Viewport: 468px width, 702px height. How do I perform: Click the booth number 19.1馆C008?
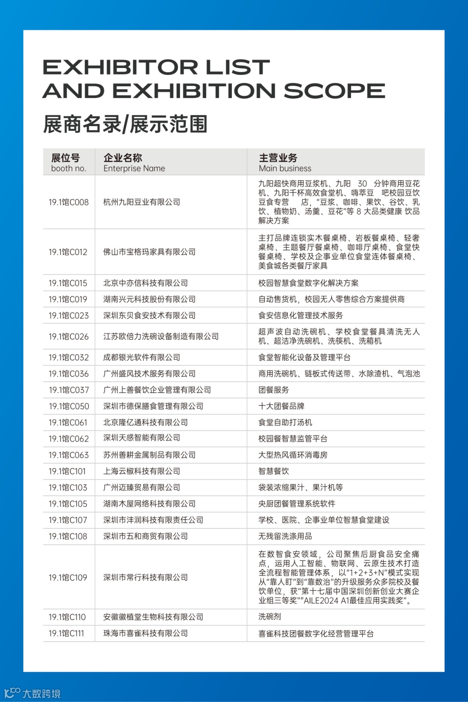pyautogui.click(x=68, y=202)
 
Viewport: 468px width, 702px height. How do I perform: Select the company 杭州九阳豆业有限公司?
pyautogui.click(x=142, y=202)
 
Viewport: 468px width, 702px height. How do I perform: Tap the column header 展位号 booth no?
pyautogui.click(x=68, y=162)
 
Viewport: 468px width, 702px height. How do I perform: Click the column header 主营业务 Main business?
pyautogui.click(x=285, y=162)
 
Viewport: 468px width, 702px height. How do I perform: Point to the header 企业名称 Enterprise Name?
pyautogui.click(x=134, y=162)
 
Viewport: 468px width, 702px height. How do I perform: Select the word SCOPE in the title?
pyautogui.click(x=334, y=91)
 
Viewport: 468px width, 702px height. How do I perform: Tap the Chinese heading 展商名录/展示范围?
pyautogui.click(x=125, y=124)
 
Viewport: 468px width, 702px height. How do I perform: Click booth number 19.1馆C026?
pyautogui.click(x=68, y=337)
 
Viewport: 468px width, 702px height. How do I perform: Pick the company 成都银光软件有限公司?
pyautogui.click(x=142, y=357)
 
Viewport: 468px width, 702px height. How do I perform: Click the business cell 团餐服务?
pyautogui.click(x=273, y=390)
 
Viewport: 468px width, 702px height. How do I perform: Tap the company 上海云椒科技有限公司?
pyautogui.click(x=142, y=471)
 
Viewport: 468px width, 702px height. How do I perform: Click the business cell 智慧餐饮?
pyautogui.click(x=273, y=471)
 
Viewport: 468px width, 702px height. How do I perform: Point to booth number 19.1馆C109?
pyautogui.click(x=68, y=578)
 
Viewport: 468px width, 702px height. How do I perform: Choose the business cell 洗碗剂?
pyautogui.click(x=270, y=617)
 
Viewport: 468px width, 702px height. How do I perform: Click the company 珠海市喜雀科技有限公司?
pyautogui.click(x=146, y=634)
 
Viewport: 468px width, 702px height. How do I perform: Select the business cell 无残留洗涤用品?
pyautogui.click(x=285, y=536)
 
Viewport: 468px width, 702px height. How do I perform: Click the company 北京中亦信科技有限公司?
pyautogui.click(x=146, y=283)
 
